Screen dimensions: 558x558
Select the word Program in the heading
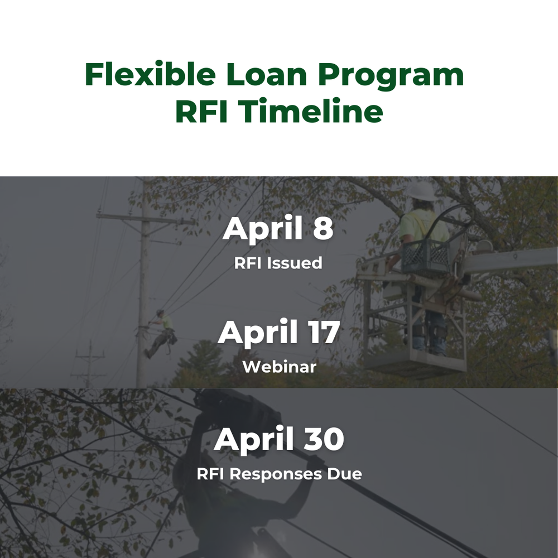(391, 76)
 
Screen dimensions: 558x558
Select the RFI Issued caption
(278, 263)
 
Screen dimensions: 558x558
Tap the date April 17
(278, 333)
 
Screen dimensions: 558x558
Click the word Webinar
(279, 367)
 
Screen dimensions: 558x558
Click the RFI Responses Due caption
(279, 474)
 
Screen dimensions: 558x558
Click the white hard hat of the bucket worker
(422, 191)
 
